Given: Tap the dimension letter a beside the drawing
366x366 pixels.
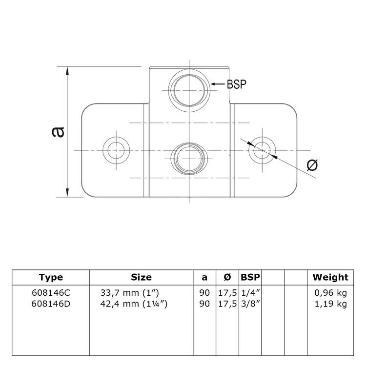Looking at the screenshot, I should (58, 132).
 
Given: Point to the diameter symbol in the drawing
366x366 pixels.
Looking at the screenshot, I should (312, 165).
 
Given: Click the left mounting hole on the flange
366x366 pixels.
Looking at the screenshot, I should (117, 149).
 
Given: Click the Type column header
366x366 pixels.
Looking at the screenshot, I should (51, 278).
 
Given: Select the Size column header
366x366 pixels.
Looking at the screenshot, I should (141, 278).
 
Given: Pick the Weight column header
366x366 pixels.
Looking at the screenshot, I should (330, 278).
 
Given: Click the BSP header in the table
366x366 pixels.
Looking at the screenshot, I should (250, 278).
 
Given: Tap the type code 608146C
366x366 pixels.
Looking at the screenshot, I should (51, 293).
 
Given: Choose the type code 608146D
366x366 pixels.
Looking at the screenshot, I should (51, 304).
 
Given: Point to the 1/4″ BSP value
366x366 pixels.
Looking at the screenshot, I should (250, 293).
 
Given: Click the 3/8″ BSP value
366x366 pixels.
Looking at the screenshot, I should (250, 304).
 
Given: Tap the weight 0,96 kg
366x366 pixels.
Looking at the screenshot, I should (330, 293).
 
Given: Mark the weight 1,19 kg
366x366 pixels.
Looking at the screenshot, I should (330, 304).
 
